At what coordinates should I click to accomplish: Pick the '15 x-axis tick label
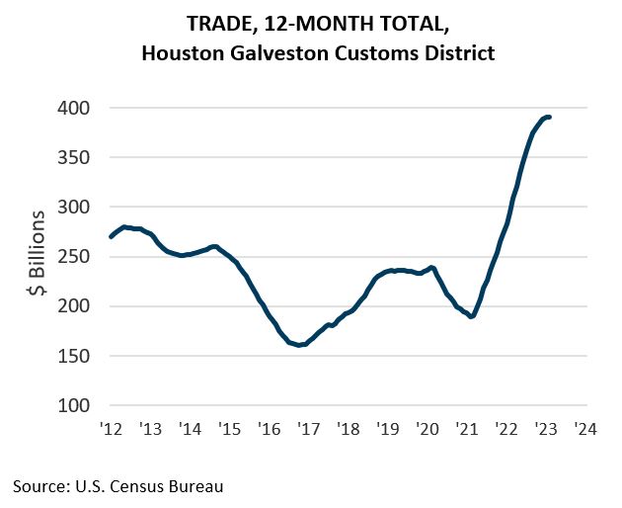point(229,429)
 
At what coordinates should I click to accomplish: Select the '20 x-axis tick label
point(428,429)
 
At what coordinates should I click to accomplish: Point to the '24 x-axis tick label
point(586,429)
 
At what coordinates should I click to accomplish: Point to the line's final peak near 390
point(549,118)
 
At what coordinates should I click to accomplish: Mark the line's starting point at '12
point(110,236)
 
